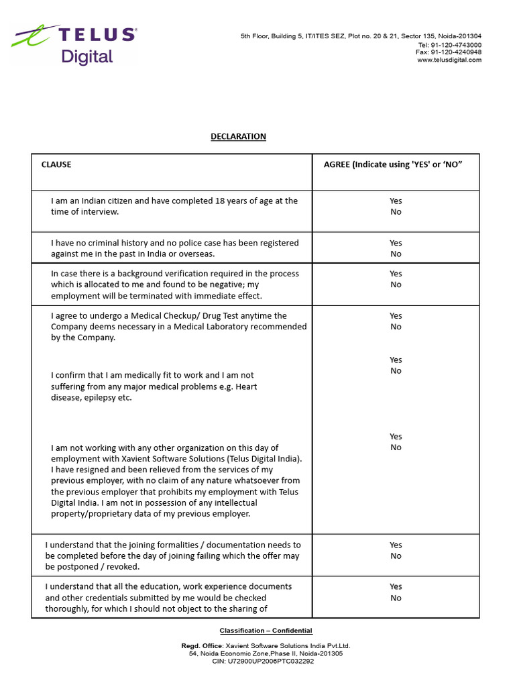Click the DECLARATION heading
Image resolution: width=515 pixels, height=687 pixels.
coord(238,136)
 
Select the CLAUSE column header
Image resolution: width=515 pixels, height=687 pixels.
coord(56,164)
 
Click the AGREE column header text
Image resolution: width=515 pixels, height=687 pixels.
coord(393,164)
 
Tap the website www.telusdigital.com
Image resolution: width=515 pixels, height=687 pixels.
coord(449,60)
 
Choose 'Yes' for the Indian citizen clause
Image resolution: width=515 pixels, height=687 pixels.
coord(396,201)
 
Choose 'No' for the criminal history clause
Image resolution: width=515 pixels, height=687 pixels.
coord(396,254)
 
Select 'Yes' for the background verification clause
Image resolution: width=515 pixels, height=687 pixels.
coord(396,274)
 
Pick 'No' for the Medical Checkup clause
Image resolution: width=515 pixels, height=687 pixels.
coord(396,327)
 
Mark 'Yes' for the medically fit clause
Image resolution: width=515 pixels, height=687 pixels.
coord(396,360)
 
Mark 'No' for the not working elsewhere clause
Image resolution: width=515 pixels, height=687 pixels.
coord(396,447)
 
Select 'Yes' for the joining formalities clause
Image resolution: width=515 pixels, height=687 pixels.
coord(396,545)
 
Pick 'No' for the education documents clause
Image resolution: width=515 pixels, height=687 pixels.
coord(396,598)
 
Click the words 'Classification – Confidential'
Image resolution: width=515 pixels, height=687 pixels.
coord(266,631)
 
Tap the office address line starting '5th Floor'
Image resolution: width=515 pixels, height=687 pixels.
coord(361,36)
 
